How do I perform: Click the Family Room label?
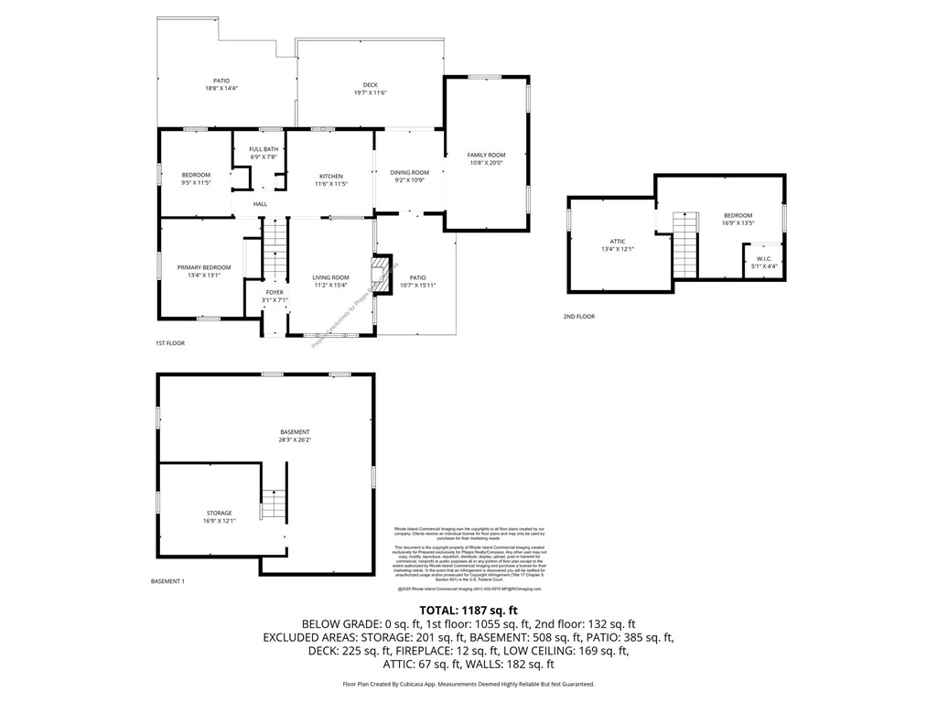(x=486, y=156)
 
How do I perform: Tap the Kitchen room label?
(x=331, y=176)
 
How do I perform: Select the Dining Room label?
(x=409, y=172)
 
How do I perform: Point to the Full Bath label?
(x=264, y=149)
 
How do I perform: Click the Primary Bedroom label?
(x=204, y=267)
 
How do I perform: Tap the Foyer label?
(x=275, y=292)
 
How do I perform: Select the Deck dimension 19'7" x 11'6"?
(x=370, y=92)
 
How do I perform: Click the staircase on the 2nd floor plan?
(x=684, y=242)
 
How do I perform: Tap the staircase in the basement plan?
(x=273, y=504)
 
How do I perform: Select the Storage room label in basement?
(x=219, y=513)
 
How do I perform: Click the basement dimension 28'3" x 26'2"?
(x=295, y=439)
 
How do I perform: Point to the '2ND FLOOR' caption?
(x=578, y=317)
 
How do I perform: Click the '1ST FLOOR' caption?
(x=169, y=342)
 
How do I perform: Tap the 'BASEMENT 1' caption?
(x=167, y=581)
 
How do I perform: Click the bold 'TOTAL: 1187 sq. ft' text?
(x=468, y=611)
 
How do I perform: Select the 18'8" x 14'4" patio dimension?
(x=221, y=88)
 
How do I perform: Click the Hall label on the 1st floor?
(x=261, y=203)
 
